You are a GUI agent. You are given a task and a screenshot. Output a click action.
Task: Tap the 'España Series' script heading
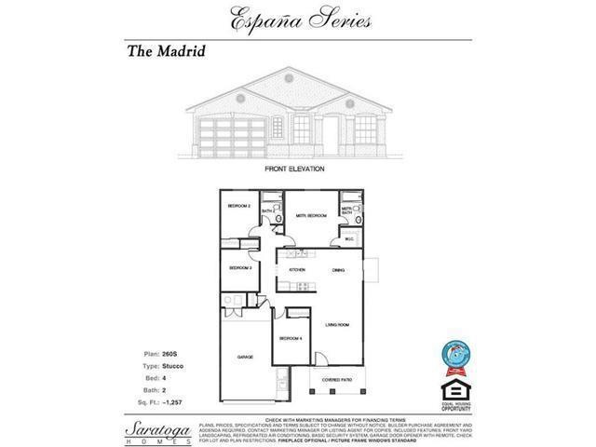298,17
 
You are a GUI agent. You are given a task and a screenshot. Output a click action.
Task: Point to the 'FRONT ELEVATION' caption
294,169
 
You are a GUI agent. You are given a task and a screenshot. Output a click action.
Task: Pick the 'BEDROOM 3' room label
240,268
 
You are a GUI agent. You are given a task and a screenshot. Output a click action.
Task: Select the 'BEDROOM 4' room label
290,338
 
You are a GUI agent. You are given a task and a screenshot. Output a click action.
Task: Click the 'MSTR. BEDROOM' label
310,215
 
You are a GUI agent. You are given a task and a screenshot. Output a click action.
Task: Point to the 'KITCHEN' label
296,270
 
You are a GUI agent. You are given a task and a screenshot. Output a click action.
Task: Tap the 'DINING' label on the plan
341,270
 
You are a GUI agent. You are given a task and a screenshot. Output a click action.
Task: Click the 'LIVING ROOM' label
336,324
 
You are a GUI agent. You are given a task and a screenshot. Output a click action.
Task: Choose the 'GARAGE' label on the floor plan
245,357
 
